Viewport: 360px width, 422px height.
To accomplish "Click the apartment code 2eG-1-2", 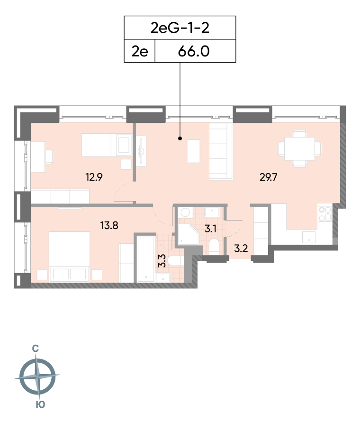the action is click(x=180, y=28).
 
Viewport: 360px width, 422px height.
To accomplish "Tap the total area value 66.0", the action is click(x=194, y=51).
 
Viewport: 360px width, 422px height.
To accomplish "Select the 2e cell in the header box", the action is click(x=140, y=51).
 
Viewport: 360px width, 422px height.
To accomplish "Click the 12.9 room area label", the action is click(x=94, y=177).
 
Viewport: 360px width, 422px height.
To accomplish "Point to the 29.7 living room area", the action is click(x=268, y=177).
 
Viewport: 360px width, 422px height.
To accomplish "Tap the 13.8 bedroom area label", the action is click(x=109, y=225).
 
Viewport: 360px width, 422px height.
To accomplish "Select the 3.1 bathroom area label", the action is click(x=210, y=229).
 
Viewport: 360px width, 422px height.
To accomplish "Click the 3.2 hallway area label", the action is click(x=241, y=248).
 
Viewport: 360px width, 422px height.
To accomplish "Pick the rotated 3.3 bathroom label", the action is click(x=162, y=260).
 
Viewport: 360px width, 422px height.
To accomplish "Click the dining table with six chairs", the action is click(x=299, y=149).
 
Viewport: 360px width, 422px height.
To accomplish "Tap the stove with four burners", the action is click(x=325, y=214).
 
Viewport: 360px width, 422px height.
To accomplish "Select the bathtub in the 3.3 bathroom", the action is click(x=145, y=258).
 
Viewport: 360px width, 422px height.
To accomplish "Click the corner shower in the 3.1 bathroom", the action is click(x=188, y=235).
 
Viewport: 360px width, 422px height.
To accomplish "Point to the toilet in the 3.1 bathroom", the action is click(x=214, y=246).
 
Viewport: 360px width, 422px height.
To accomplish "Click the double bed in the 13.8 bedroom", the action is click(x=69, y=257).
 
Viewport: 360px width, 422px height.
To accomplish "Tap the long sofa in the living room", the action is click(x=221, y=152).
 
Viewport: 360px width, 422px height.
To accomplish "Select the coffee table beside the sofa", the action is click(x=193, y=151).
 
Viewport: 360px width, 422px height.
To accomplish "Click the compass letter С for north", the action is click(x=35, y=349).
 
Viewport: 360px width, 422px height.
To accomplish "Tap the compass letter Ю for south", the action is click(x=40, y=404).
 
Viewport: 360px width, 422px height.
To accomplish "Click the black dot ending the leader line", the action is click(x=180, y=138).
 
